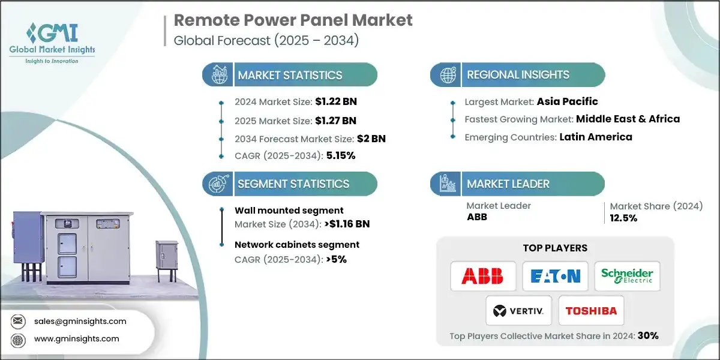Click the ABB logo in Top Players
pos(482,276)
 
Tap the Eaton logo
pos(555,276)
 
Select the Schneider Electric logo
pos(627,276)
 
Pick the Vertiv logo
pos(518,311)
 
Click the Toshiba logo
pos(591,311)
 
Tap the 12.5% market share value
pos(623,218)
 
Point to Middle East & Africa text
pos(628,119)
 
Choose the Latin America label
pos(595,137)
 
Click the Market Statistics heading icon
pos(218,75)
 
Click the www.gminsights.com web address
pos(77,338)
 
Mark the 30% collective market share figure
pos(648,336)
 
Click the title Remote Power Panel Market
pos(293,20)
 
